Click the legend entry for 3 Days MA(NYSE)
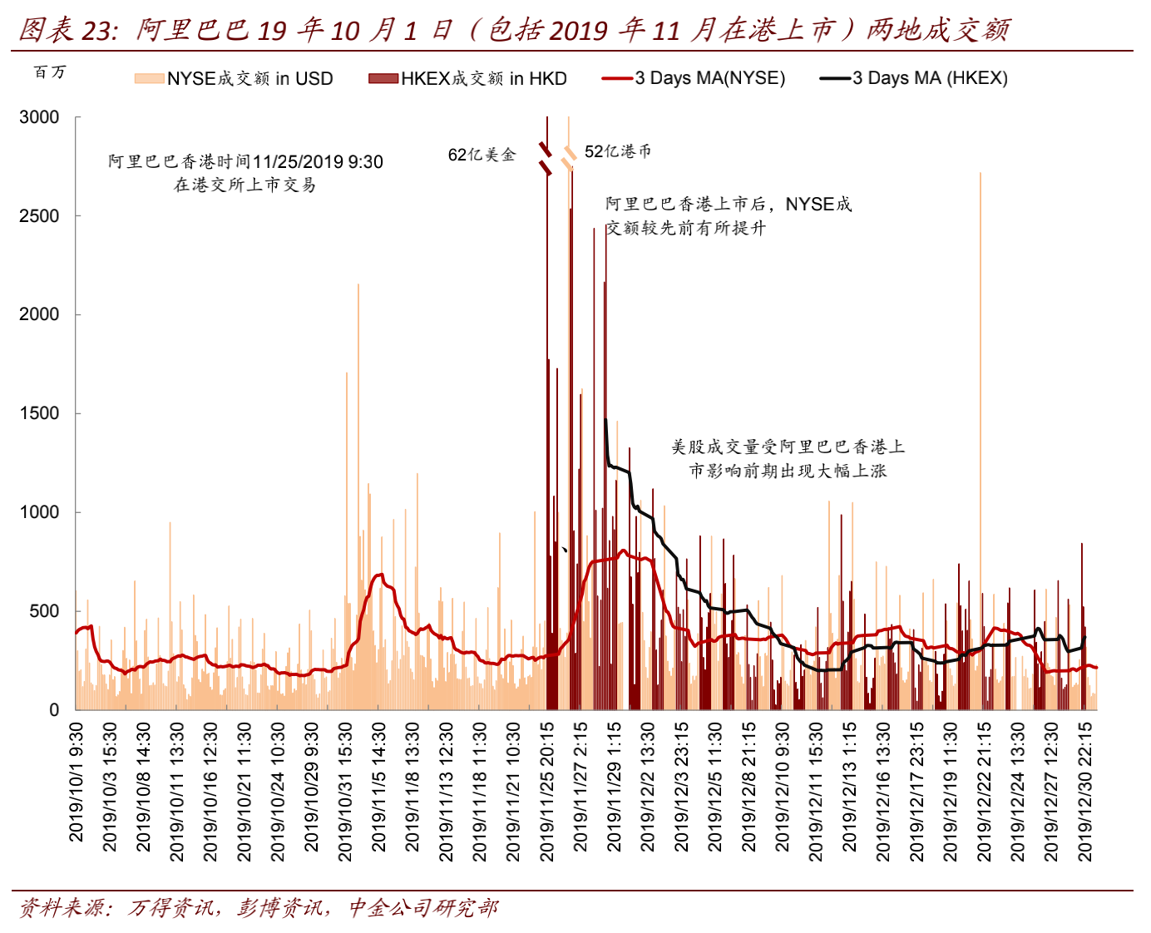pyautogui.click(x=694, y=78)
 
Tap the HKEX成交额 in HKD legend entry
pyautogui.click(x=467, y=78)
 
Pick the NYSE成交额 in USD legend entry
pyautogui.click(x=234, y=78)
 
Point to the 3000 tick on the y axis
pyautogui.click(x=39, y=117)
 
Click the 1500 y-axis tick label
pyautogui.click(x=39, y=413)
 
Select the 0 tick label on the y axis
pyautogui.click(x=54, y=710)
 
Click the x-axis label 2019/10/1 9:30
pyautogui.click(x=77, y=782)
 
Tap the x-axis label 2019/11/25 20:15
pyautogui.click(x=547, y=791)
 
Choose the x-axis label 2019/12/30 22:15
pyautogui.click(x=1085, y=791)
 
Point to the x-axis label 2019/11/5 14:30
pyautogui.click(x=378, y=787)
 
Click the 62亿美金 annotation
pyautogui.click(x=482, y=155)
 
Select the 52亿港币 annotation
pyautogui.click(x=618, y=151)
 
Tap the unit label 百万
pyautogui.click(x=50, y=72)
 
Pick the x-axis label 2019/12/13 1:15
pyautogui.click(x=849, y=787)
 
